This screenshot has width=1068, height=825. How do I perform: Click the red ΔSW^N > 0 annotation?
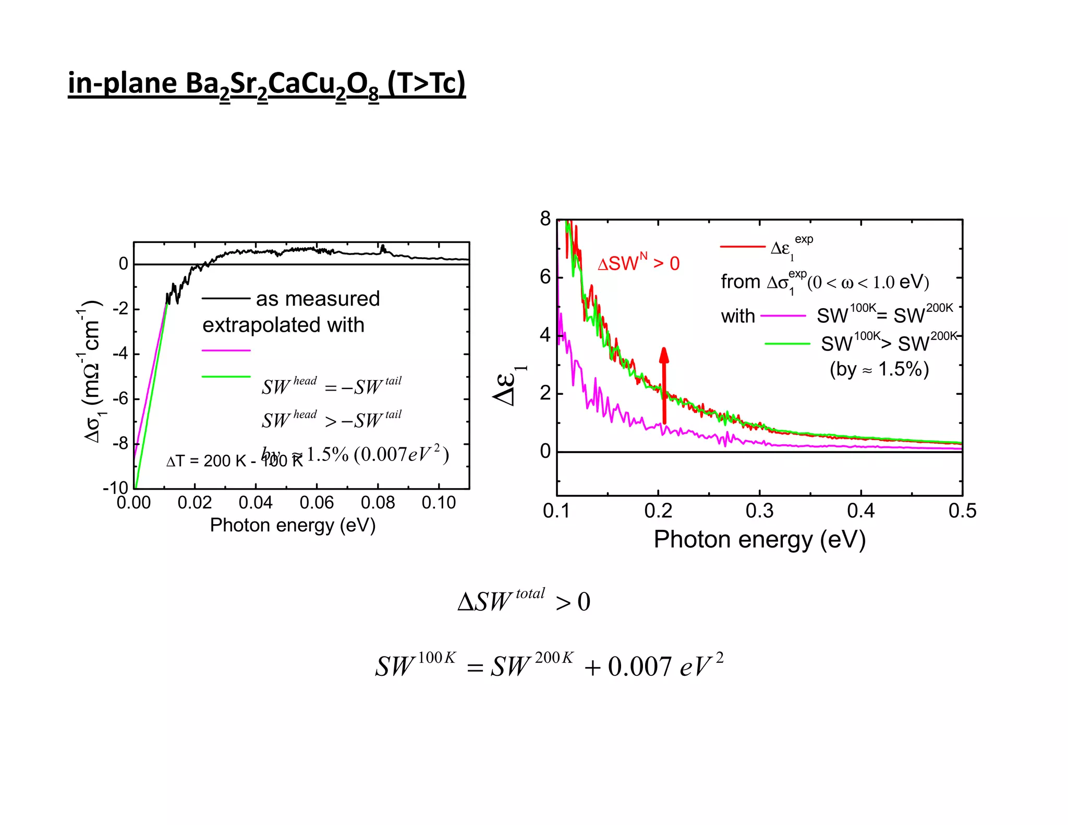638,263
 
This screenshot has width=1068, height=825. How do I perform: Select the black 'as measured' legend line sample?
226,298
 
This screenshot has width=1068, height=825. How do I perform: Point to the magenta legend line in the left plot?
226,350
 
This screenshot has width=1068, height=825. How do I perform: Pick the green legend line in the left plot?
226,376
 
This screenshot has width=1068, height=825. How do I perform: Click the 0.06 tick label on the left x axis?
317,503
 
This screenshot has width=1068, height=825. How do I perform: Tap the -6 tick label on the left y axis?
121,398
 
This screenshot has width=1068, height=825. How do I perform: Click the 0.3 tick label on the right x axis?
759,511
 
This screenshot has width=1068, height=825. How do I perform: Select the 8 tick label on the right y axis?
545,219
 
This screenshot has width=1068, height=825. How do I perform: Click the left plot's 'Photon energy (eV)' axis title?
293,525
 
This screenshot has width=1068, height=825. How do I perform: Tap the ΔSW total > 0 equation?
524,601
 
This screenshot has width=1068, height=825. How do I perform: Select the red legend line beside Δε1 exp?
742,246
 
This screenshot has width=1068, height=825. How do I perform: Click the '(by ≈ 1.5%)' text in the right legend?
879,369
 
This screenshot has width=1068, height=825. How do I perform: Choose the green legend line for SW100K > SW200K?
787,344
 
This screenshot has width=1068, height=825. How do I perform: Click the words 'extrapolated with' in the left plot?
283,325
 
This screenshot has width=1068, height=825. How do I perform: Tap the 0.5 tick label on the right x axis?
962,511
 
